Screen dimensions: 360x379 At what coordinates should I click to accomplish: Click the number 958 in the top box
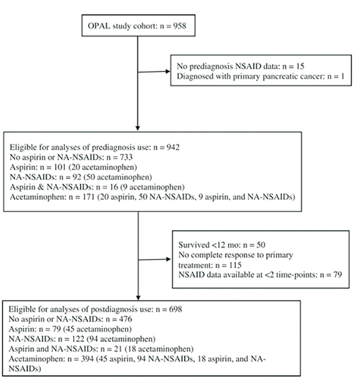tap(179, 26)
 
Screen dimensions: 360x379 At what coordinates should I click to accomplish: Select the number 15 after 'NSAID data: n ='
tap(299, 66)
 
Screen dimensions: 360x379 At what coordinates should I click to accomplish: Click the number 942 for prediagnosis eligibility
tap(173, 147)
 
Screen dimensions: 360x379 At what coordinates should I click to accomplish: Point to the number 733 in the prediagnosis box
tap(126, 157)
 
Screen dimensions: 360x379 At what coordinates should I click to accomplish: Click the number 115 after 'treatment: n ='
tap(235, 265)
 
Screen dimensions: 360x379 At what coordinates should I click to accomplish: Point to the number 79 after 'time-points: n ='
tap(337, 274)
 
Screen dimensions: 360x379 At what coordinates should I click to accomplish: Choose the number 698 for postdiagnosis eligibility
tap(175, 309)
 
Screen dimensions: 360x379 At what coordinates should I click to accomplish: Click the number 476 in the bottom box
tap(125, 319)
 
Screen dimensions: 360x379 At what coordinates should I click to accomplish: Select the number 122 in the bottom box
tap(78, 339)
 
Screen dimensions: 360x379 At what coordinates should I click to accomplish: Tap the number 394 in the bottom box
tap(87, 359)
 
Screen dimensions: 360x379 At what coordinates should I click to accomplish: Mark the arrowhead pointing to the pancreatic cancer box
tap(168, 71)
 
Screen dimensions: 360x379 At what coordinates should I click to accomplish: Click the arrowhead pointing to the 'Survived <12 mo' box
tap(168, 259)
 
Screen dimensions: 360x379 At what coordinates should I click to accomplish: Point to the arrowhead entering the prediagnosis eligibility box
tap(137, 128)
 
